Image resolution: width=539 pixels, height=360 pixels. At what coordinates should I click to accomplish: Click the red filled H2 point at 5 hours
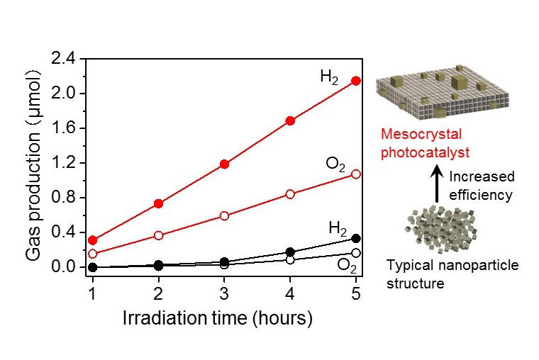356,81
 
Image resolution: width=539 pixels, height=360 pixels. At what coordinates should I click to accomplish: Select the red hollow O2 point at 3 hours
224,215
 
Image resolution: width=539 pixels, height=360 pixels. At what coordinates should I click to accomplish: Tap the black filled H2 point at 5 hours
356,239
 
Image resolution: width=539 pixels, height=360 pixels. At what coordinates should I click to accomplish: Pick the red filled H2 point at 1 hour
93,240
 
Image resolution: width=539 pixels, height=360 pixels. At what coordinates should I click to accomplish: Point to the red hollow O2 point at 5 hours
356,174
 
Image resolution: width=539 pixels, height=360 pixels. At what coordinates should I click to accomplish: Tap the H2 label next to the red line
328,77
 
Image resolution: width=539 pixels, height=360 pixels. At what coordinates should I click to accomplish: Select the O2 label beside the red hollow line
335,164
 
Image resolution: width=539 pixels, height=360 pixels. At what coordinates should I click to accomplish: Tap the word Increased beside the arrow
482,176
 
